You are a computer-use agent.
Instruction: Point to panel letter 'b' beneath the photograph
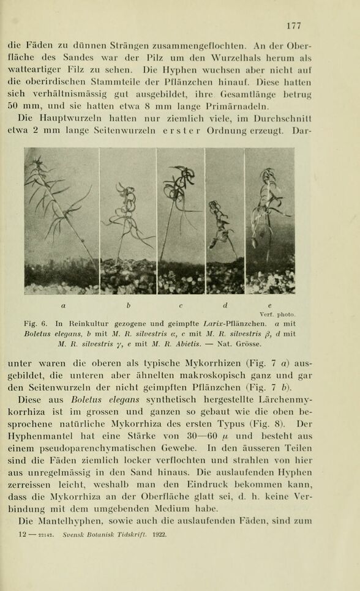(x=128, y=305)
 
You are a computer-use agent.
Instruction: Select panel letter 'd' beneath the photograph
(x=225, y=305)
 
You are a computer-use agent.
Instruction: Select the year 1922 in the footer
(x=159, y=535)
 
